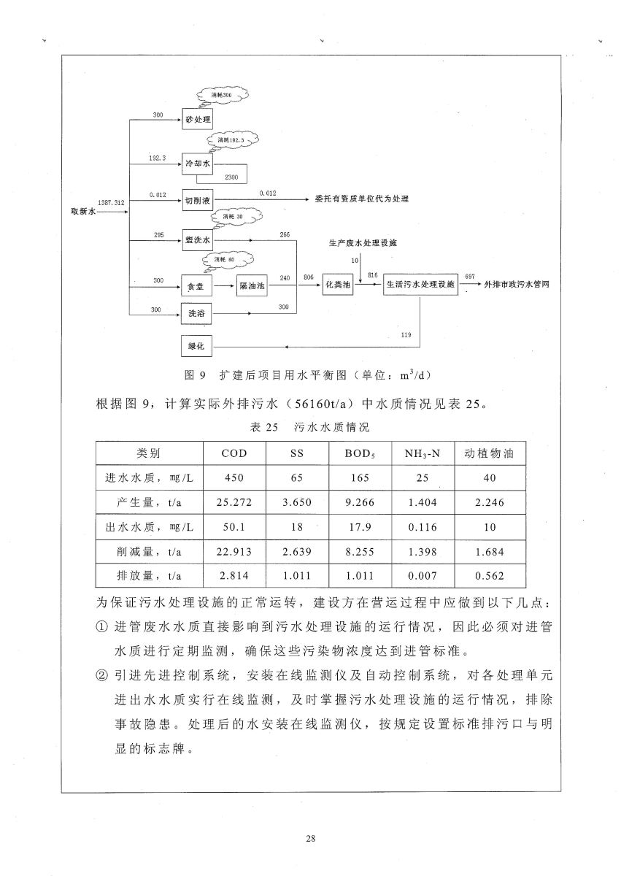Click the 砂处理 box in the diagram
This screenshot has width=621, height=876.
pyautogui.click(x=197, y=118)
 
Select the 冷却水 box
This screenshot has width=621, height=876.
pyautogui.click(x=197, y=165)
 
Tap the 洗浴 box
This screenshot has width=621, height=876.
pyautogui.click(x=196, y=314)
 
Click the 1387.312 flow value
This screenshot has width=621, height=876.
pyautogui.click(x=109, y=201)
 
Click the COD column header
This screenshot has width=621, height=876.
pyautogui.click(x=234, y=453)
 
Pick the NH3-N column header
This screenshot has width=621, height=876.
pyautogui.click(x=423, y=453)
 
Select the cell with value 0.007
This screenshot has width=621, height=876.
pyautogui.click(x=423, y=576)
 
